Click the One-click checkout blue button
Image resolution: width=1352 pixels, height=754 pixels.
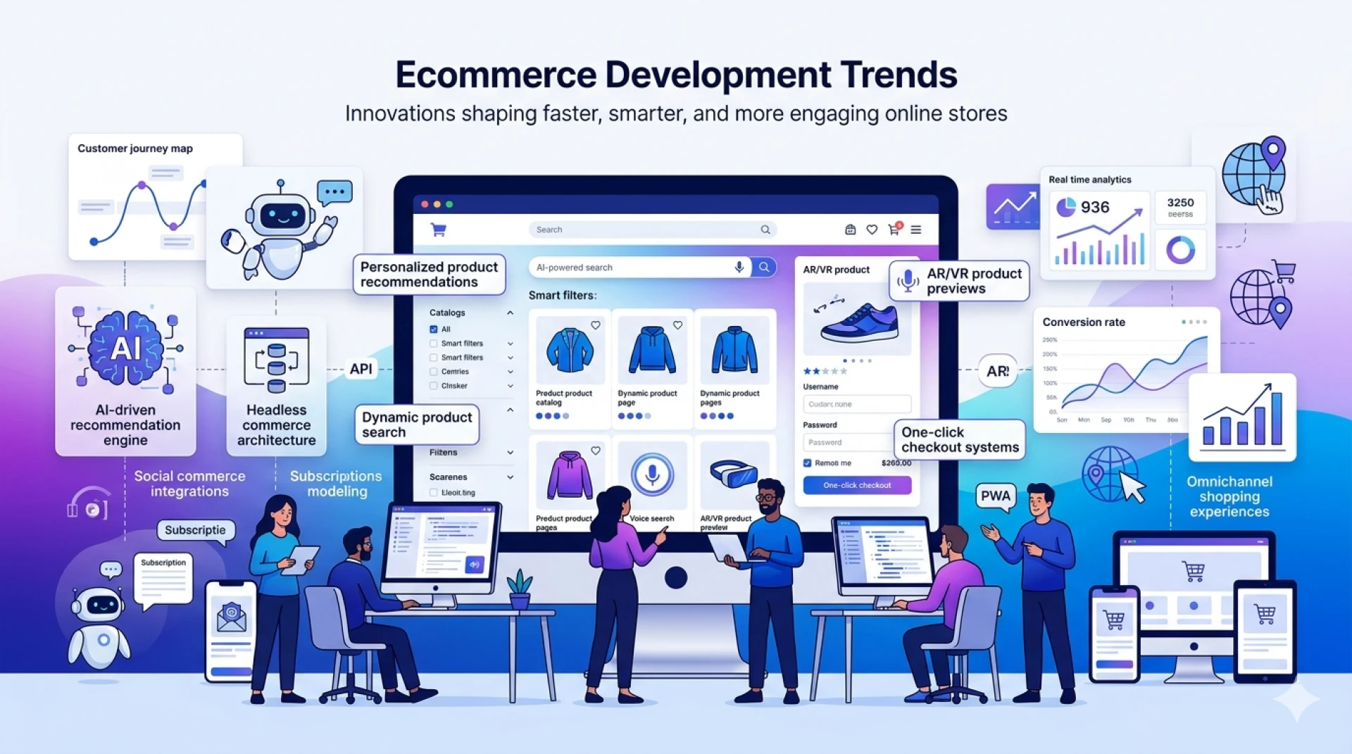click(x=857, y=485)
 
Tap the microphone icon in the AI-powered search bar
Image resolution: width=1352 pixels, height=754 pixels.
click(x=739, y=267)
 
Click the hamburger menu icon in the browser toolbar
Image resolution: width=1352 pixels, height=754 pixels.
click(x=915, y=230)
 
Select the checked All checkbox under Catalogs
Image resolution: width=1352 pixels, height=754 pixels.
click(x=434, y=329)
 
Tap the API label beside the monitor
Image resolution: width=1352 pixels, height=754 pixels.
click(x=361, y=369)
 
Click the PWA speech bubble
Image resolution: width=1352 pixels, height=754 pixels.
click(x=995, y=496)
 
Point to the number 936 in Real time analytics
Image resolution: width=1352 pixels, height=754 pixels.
click(x=1095, y=207)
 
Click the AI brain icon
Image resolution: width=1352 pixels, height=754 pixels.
click(x=125, y=348)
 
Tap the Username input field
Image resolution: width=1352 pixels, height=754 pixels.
click(x=857, y=404)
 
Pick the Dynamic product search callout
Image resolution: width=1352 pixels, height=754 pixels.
click(x=417, y=425)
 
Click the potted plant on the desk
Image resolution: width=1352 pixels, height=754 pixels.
click(x=520, y=589)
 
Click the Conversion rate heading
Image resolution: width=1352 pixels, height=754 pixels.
click(x=1084, y=322)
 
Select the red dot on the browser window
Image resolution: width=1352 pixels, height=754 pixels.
click(x=425, y=204)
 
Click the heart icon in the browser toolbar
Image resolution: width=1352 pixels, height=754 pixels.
click(x=872, y=230)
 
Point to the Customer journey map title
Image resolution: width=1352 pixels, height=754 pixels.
click(x=135, y=149)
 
